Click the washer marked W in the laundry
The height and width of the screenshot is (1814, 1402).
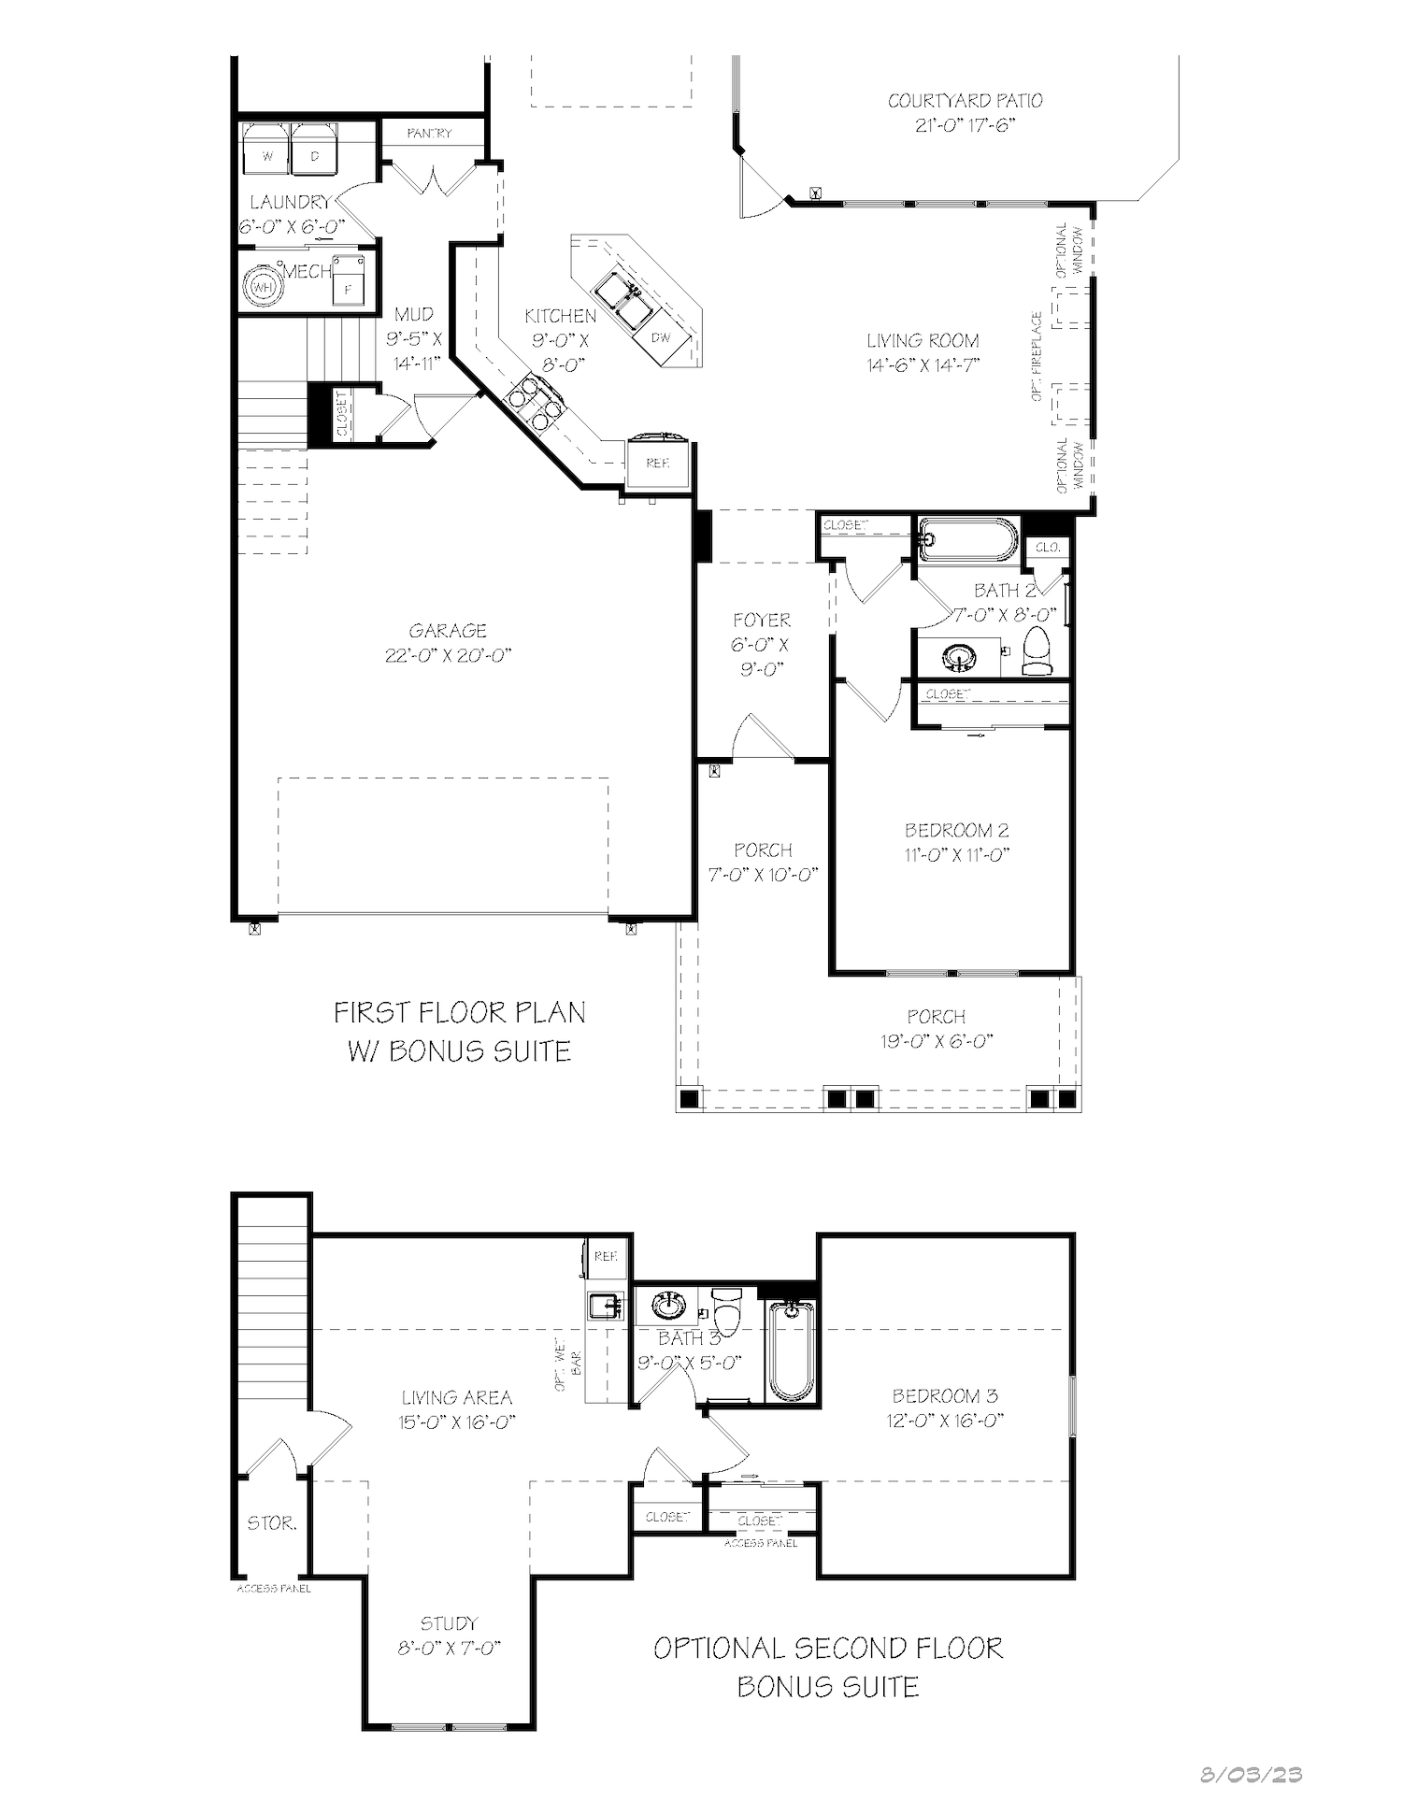point(267,150)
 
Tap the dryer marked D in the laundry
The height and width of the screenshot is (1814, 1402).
point(314,150)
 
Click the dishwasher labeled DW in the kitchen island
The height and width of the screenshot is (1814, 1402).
point(661,336)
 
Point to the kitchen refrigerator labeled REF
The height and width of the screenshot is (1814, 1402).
point(659,461)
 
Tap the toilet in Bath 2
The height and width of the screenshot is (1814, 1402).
point(1037,650)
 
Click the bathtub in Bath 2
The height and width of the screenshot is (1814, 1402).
point(967,540)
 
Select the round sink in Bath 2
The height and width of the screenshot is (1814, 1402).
point(958,657)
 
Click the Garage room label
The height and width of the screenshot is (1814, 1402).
point(448,631)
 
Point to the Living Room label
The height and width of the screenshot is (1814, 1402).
point(923,341)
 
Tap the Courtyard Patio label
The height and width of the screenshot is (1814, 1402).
point(965,101)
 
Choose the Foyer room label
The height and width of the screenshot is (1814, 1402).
point(762,620)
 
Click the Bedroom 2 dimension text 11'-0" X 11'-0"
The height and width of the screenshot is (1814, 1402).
point(957,854)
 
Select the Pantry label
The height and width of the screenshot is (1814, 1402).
point(429,134)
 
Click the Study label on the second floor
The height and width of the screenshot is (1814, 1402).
point(449,1623)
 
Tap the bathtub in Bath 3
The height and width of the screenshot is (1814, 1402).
point(792,1351)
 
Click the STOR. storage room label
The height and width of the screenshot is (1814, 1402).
point(272,1523)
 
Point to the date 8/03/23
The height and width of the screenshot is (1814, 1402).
point(1252,1774)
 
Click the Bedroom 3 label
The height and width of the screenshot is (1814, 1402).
point(945,1396)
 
